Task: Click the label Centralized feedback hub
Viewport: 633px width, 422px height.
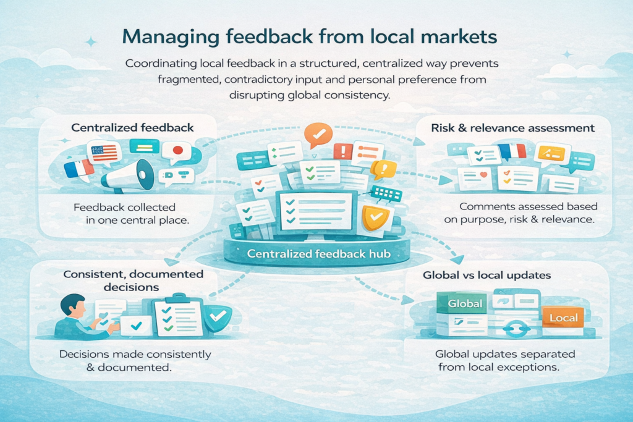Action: tap(319, 254)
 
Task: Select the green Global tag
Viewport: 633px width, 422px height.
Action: tap(465, 303)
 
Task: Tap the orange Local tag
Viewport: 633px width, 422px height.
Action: tap(563, 318)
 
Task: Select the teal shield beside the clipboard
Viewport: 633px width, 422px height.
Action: tap(218, 316)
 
